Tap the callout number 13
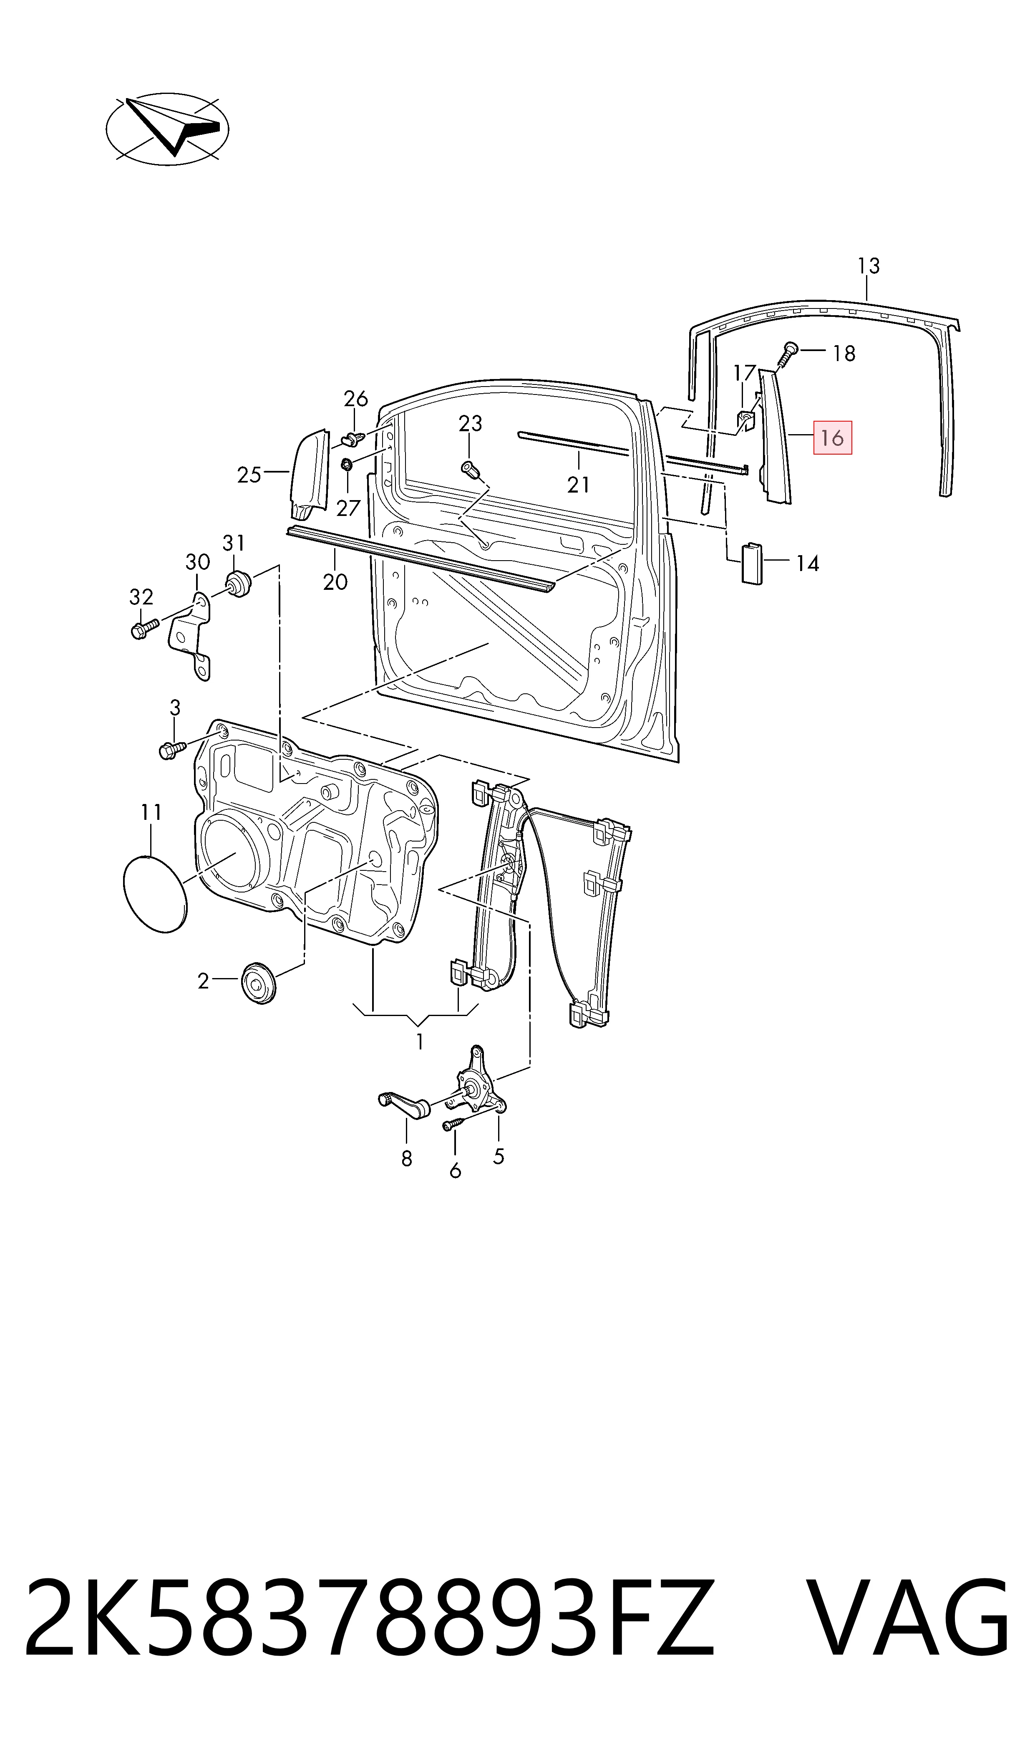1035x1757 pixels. click(x=868, y=266)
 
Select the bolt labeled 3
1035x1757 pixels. click(x=171, y=750)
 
